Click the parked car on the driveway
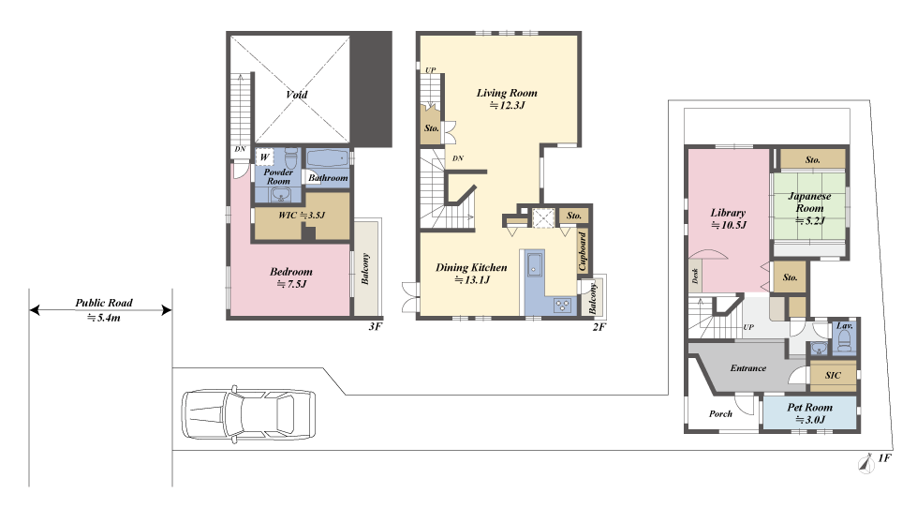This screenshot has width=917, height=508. click(248, 412)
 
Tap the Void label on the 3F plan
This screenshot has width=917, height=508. click(297, 95)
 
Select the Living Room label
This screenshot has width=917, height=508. click(507, 93)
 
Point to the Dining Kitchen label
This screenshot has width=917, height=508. click(471, 267)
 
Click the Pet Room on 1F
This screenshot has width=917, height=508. click(810, 413)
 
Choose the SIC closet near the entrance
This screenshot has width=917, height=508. click(833, 375)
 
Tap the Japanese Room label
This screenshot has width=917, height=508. click(809, 202)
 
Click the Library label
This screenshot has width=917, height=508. click(728, 213)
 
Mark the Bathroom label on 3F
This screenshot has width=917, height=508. click(328, 178)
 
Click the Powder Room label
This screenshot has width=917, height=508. click(278, 177)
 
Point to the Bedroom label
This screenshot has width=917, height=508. click(291, 272)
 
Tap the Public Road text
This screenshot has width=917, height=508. click(104, 303)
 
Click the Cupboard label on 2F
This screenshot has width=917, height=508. click(582, 251)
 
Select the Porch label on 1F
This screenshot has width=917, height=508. click(720, 413)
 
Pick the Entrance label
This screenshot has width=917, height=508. click(748, 368)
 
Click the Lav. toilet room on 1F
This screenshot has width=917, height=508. click(844, 337)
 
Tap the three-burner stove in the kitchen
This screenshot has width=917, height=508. click(563, 305)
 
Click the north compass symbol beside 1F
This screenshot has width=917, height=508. click(865, 464)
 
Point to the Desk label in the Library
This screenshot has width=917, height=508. click(695, 276)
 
